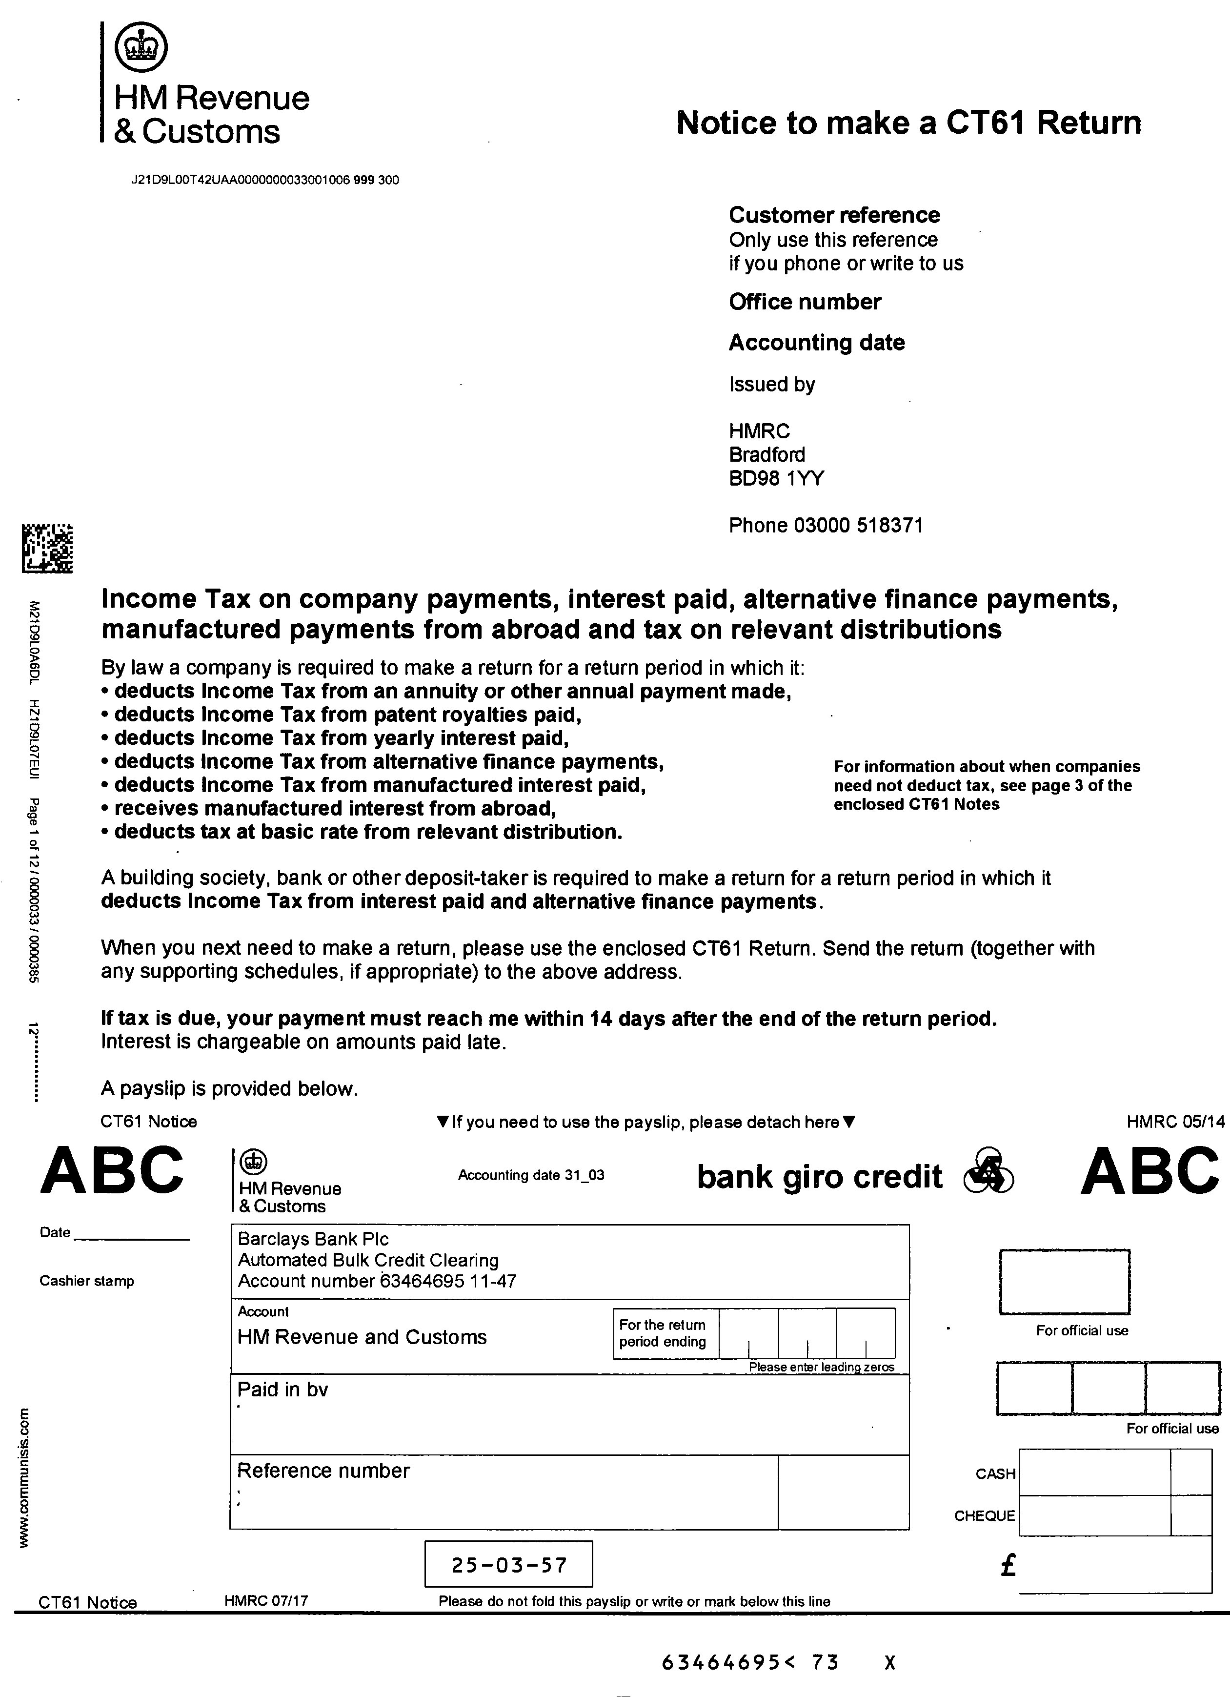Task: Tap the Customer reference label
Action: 833,216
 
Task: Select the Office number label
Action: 804,302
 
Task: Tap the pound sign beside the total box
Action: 1008,1565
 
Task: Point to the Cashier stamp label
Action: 87,1281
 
